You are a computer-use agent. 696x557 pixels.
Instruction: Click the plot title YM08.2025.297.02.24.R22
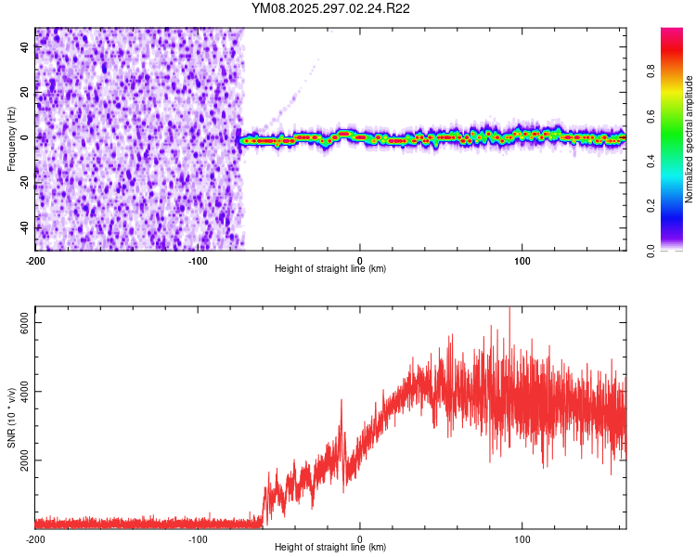pyautogui.click(x=330, y=8)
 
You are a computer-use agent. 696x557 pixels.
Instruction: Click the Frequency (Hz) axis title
pyautogui.click(x=11, y=139)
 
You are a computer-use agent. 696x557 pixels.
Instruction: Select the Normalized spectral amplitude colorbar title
pyautogui.click(x=689, y=139)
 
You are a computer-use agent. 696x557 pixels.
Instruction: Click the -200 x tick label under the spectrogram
pyautogui.click(x=35, y=260)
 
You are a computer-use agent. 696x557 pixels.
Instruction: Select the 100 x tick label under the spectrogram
pyautogui.click(x=522, y=260)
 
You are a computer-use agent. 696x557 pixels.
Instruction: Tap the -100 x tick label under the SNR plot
pyautogui.click(x=198, y=538)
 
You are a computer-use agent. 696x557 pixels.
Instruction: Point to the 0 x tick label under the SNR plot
pyautogui.click(x=360, y=538)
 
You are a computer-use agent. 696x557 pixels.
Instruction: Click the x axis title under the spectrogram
pyautogui.click(x=330, y=269)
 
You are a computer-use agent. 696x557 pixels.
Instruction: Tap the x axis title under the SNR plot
pyautogui.click(x=330, y=548)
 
